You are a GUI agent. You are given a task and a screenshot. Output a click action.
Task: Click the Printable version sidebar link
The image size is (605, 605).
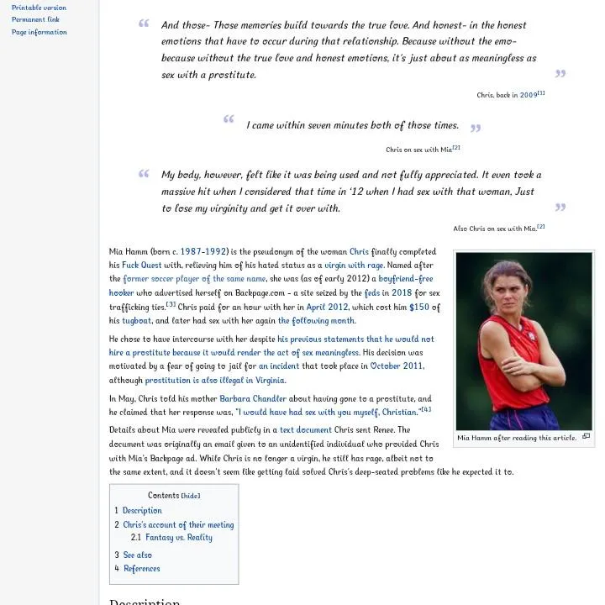(39, 8)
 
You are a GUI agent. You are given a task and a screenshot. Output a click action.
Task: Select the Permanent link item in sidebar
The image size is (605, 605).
(35, 19)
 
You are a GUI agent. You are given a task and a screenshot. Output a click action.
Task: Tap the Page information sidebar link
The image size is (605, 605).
(39, 32)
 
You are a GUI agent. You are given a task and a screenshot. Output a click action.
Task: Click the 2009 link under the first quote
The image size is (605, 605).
(528, 96)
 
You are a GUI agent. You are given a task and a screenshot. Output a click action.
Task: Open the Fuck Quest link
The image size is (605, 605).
(142, 266)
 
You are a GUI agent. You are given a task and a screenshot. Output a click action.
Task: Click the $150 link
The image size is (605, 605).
(418, 308)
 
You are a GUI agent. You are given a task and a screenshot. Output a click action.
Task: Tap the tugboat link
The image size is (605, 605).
(136, 321)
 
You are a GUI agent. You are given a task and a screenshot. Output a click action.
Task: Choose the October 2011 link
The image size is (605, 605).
(397, 366)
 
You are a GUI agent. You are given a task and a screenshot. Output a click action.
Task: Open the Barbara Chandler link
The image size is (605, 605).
(253, 399)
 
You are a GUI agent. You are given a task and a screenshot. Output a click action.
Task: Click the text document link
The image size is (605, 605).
(305, 430)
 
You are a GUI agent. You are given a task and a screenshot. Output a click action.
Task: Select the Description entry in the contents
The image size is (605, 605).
(142, 511)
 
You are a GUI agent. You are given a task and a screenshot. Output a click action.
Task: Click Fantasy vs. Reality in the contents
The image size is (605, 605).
(178, 538)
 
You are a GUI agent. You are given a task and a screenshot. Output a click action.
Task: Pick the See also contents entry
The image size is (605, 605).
(137, 555)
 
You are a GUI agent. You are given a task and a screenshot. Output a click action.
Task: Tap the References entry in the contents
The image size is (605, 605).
(141, 569)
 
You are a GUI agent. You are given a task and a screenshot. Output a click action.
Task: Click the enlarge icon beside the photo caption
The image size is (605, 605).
(586, 437)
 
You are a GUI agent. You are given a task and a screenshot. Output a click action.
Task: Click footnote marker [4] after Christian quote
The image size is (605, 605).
(426, 409)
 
